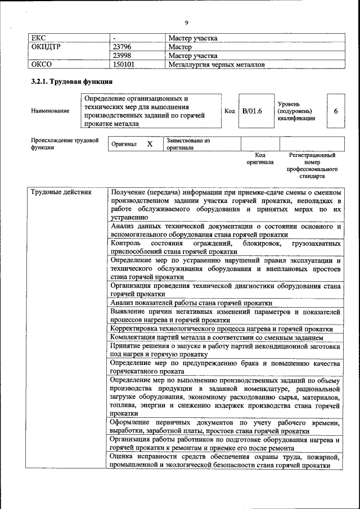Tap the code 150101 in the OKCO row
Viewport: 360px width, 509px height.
click(x=124, y=65)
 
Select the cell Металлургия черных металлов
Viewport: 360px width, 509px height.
click(x=216, y=65)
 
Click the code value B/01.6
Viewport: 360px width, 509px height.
click(x=252, y=111)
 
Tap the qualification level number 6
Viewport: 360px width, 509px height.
click(x=335, y=111)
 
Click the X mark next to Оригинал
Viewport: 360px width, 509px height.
click(x=150, y=144)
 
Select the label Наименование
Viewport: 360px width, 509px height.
click(x=50, y=111)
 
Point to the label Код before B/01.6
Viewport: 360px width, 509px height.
click(x=229, y=111)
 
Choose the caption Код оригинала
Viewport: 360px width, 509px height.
click(x=260, y=158)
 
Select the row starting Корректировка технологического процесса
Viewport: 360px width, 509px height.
click(x=221, y=329)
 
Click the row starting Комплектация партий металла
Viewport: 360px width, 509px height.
click(x=217, y=337)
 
